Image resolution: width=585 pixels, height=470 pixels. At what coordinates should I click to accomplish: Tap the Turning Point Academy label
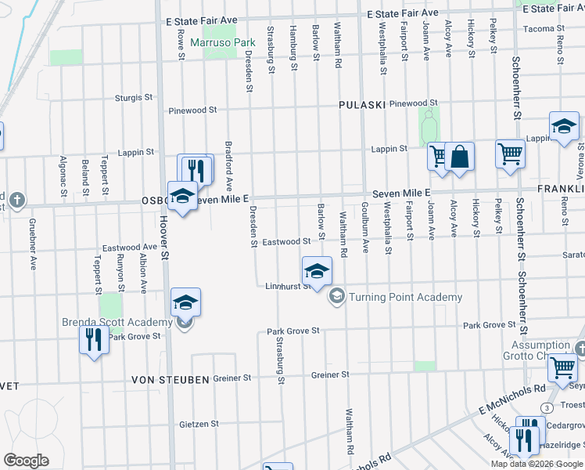[x=404, y=297]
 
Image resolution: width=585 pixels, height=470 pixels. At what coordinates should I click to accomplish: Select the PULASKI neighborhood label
[x=363, y=104]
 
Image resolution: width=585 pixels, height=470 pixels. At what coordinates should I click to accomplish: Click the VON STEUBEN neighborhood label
[x=170, y=379]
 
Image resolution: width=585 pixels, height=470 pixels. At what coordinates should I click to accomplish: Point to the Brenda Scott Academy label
[x=117, y=323]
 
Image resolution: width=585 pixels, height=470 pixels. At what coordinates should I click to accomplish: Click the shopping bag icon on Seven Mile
[x=460, y=157]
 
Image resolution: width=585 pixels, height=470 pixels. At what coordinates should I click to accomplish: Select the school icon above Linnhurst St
[x=317, y=271]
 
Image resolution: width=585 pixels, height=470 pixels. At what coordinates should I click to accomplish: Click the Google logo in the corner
[x=26, y=461]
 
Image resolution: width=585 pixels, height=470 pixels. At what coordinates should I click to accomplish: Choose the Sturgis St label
[x=134, y=98]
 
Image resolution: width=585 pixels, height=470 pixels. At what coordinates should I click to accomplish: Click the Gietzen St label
[x=199, y=424]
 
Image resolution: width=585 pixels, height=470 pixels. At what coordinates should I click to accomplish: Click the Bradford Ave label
[x=229, y=167]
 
